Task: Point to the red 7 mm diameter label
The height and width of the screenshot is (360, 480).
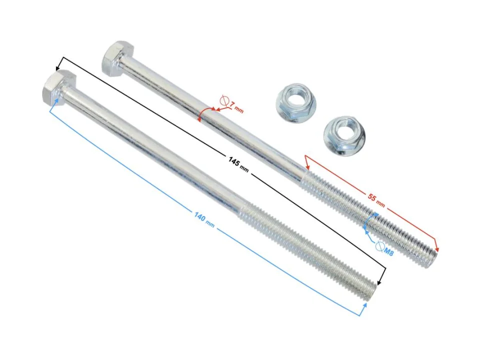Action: (x=236, y=107)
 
